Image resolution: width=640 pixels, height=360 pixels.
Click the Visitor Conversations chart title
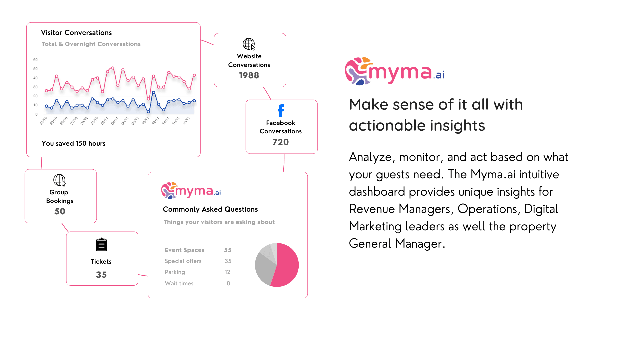76,33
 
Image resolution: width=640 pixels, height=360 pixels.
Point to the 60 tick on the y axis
35,60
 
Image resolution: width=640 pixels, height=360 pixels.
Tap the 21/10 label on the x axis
44,121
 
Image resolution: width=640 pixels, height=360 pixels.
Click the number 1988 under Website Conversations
249,76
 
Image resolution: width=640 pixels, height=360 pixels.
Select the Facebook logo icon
281,111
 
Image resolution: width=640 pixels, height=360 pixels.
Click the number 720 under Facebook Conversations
281,142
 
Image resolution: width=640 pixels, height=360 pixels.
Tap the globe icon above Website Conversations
249,44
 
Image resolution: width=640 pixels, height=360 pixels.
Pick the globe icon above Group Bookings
59,180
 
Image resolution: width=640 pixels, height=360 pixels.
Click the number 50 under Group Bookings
60,212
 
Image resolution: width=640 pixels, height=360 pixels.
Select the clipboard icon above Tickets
101,245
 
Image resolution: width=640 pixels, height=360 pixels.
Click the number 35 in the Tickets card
101,275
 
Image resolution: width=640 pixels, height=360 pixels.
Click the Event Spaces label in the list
184,250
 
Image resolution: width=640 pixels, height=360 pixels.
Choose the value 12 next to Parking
227,272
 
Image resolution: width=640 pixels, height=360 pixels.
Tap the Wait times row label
179,284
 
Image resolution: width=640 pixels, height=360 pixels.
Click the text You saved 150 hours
73,144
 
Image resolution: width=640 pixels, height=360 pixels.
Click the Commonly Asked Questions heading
210,209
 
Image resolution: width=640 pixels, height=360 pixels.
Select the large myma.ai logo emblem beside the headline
358,71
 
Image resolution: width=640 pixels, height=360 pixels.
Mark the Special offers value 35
228,261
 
